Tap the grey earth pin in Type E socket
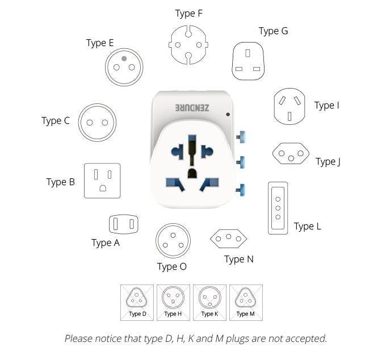point(124,58)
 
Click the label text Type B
point(60,182)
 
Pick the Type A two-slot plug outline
point(124,215)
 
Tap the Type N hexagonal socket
point(228,230)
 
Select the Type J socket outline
point(291,144)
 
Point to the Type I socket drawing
point(289,89)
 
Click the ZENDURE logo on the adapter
point(192,108)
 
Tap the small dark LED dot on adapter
point(228,114)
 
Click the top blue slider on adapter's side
point(241,137)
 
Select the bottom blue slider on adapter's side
point(241,190)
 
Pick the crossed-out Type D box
point(137,303)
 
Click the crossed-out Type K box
point(209,303)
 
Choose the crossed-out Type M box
point(246,303)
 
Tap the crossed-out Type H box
point(173,303)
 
